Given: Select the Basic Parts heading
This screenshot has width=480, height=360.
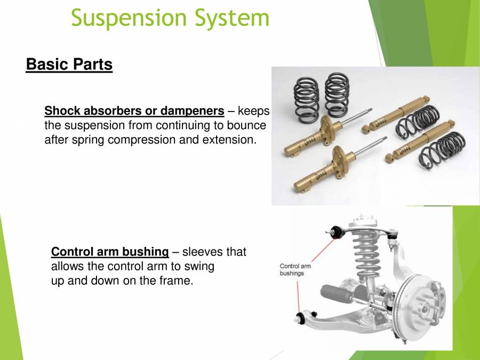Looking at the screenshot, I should [x=69, y=65].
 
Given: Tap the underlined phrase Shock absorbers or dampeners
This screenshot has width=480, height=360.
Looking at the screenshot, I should [x=134, y=111].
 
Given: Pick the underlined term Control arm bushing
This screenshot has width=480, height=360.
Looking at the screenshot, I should [x=110, y=252].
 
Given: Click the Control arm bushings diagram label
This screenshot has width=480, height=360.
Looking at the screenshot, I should [x=295, y=269].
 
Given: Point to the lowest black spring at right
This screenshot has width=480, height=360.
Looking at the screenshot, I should [x=443, y=149].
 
